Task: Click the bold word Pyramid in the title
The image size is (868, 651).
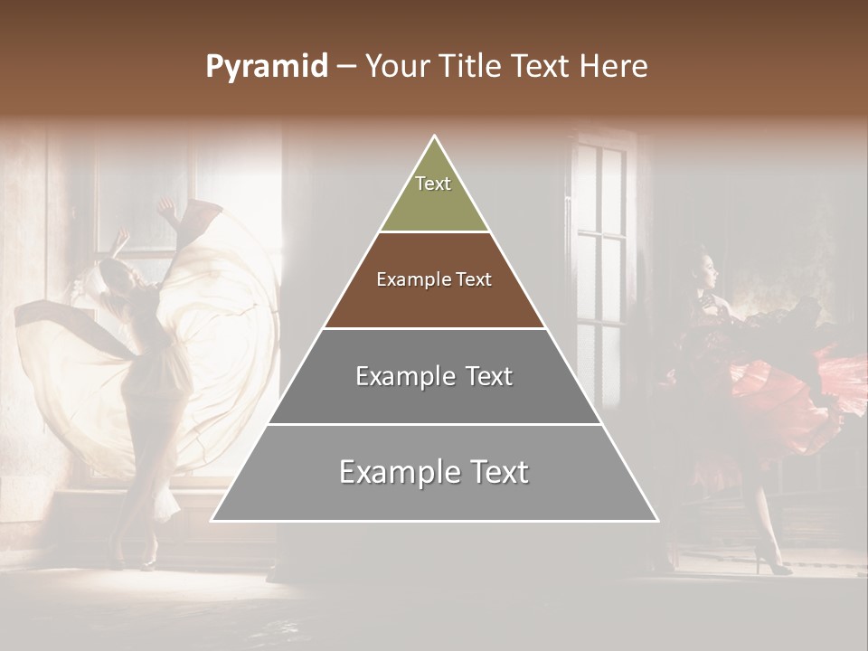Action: [267, 67]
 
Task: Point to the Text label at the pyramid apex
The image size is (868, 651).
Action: [433, 184]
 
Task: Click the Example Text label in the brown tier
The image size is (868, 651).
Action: [434, 279]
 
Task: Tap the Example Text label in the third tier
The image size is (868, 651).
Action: [434, 376]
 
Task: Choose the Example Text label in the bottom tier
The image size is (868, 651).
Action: [434, 472]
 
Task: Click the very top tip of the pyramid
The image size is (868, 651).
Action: [435, 137]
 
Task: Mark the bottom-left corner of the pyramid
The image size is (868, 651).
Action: [212, 520]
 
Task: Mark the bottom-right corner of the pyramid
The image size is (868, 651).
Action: [657, 520]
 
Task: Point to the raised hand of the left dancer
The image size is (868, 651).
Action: [165, 207]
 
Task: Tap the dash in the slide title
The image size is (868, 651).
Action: [346, 67]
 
